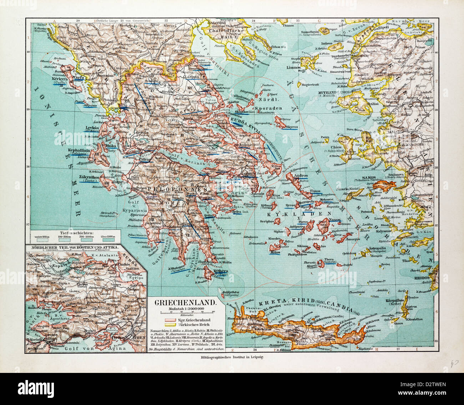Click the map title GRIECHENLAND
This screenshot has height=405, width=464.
point(185,303)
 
